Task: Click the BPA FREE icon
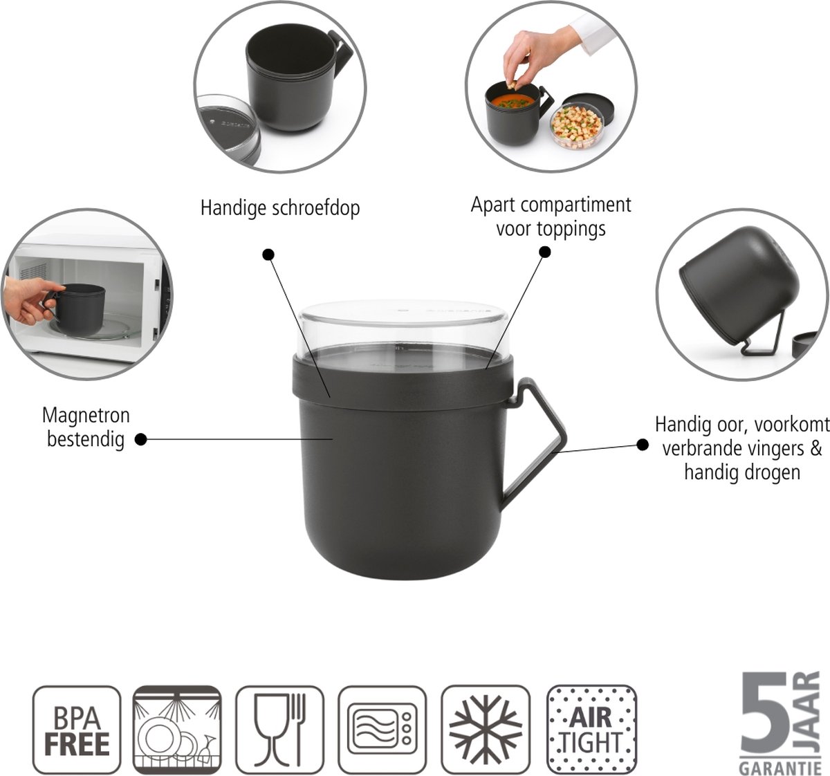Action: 76,730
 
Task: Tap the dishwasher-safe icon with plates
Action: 177,730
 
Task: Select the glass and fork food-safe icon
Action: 279,730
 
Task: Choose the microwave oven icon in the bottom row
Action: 382,730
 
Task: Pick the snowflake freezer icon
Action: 486,730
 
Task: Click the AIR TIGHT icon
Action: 591,730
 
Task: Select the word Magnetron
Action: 86,416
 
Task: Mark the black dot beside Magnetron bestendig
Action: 140,439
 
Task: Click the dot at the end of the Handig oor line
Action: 642,445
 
